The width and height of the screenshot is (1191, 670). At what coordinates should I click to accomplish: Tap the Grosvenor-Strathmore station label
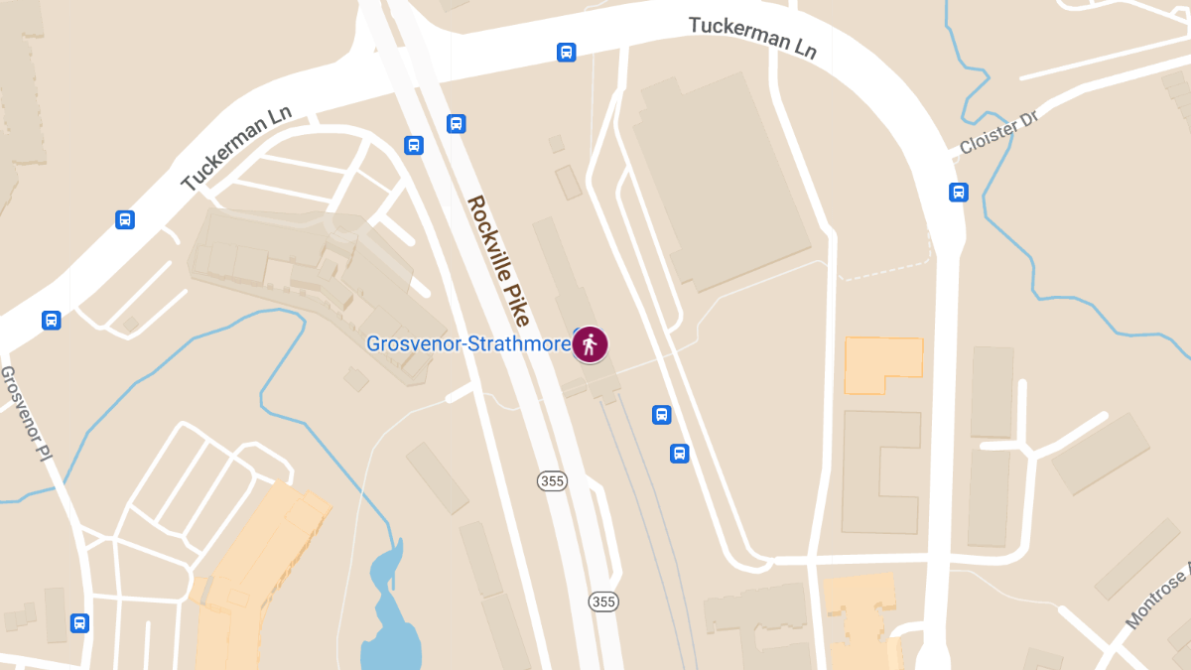pos(468,344)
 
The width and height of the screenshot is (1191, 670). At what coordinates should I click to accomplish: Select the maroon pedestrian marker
pos(591,344)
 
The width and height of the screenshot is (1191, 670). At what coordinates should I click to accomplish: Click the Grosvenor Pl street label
pos(25,413)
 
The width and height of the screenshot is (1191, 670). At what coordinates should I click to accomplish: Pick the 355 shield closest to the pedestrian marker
pos(553,481)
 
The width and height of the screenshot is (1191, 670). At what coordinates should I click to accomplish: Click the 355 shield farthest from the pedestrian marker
pos(603,602)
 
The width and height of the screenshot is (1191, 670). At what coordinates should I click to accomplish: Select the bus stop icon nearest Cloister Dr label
pos(959,193)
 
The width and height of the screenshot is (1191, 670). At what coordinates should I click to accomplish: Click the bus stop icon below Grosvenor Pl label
pos(79,623)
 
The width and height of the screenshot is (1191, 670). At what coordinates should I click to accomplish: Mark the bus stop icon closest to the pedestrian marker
pos(662,415)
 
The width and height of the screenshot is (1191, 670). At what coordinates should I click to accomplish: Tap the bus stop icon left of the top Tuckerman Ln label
pos(566,52)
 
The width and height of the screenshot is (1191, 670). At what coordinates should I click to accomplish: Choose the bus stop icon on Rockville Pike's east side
pos(457,124)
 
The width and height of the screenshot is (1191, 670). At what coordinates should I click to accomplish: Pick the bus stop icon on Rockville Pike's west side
pos(414,146)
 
